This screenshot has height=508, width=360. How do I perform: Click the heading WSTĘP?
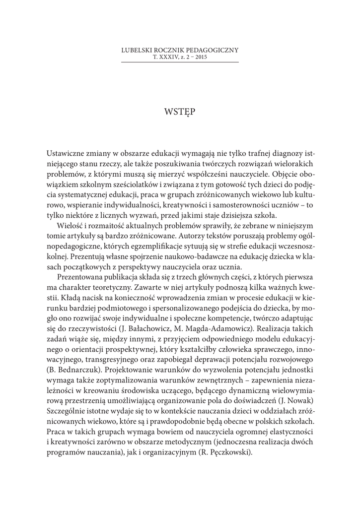[x=180, y=111]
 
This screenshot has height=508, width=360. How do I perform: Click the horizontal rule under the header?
[x=180, y=62]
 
